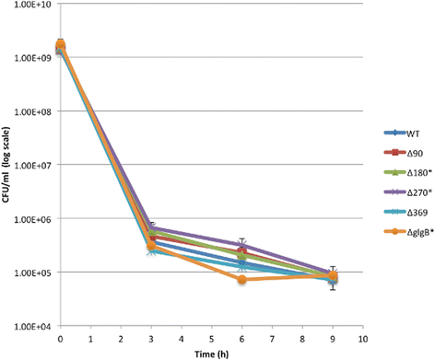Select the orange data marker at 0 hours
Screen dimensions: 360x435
click(x=60, y=44)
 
